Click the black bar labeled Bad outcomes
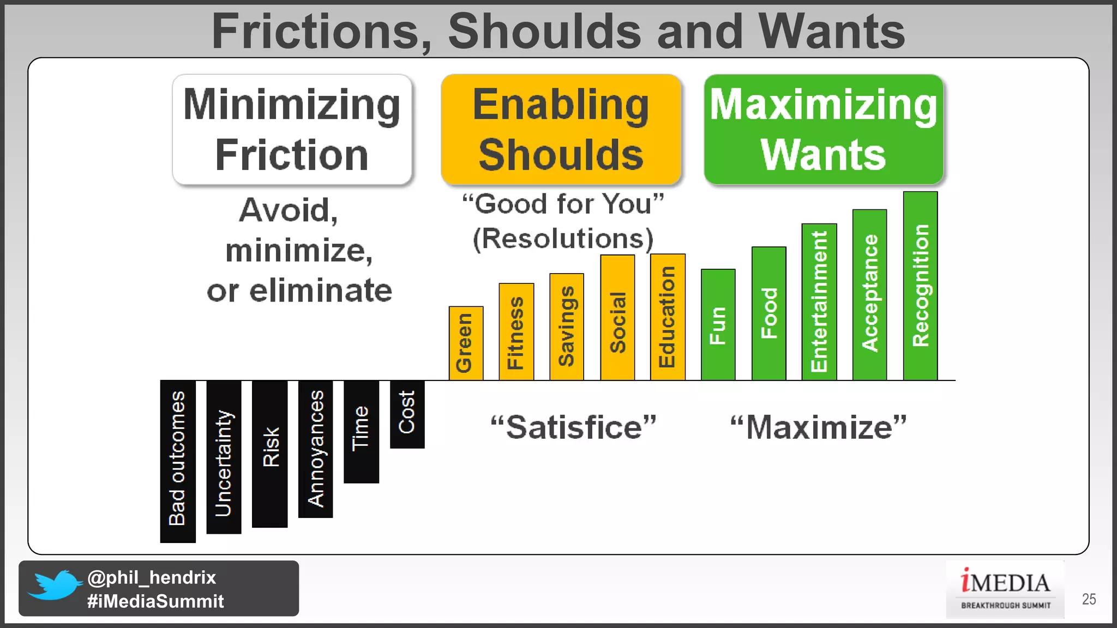[x=178, y=461]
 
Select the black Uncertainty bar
[x=224, y=457]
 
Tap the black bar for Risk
[x=269, y=454]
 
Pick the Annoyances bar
[x=315, y=449]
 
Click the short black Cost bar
[x=407, y=414]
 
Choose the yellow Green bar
[x=466, y=343]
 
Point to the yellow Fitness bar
[x=516, y=331]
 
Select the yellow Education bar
[x=668, y=317]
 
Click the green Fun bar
[x=718, y=325]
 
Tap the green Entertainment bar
[x=819, y=302]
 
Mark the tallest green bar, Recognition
[x=920, y=286]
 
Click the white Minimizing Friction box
[x=292, y=130]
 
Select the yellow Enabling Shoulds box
[x=561, y=130]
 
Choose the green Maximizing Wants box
[x=824, y=130]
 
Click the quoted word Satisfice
[x=573, y=427]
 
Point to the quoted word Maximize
[x=818, y=427]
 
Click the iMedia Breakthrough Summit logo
[x=1005, y=589]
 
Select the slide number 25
[x=1089, y=599]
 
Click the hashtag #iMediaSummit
[x=155, y=601]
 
